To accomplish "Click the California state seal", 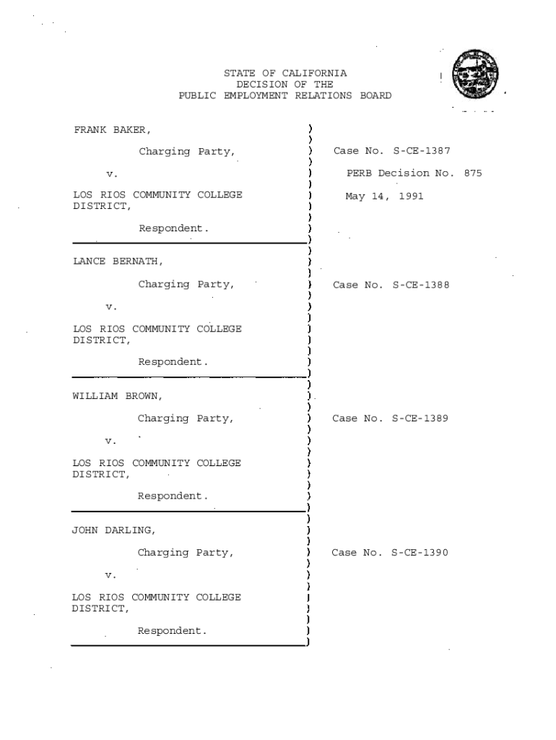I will [x=474, y=77].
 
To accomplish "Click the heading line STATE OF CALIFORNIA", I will [x=285, y=74].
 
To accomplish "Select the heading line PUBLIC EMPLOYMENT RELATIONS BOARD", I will [x=285, y=95].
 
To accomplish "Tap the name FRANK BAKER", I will [x=112, y=130].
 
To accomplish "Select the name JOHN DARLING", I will [x=113, y=530].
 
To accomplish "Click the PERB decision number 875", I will [x=473, y=173].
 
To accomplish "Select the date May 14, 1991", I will [x=384, y=196].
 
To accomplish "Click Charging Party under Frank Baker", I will [x=186, y=152].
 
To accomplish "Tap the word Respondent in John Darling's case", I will [x=172, y=631].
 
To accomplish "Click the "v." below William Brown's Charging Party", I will [x=110, y=441].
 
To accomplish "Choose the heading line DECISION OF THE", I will [x=285, y=85].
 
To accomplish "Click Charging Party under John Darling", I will [x=186, y=553].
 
